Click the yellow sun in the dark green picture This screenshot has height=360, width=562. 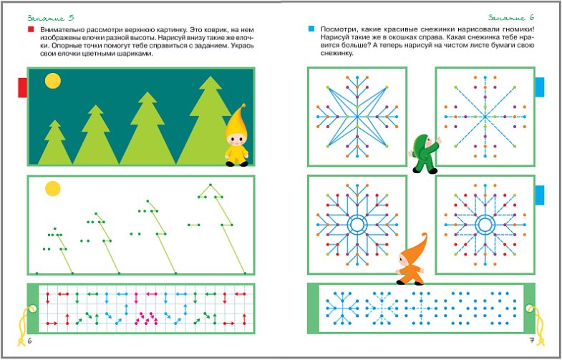click(53, 81)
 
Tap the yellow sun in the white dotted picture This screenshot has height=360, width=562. click(53, 188)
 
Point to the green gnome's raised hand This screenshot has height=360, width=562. click(438, 140)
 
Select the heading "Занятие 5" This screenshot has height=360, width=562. click(51, 18)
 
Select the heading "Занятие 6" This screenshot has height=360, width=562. click(510, 18)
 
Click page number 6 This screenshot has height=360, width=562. click(30, 341)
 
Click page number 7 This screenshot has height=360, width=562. click(532, 340)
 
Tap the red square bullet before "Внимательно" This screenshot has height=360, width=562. click(31, 29)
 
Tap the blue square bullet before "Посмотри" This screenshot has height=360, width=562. click(311, 29)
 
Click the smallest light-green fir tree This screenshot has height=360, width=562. click(55, 142)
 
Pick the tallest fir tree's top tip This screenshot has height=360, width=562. click(210, 76)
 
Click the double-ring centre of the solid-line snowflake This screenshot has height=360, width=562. click(357, 225)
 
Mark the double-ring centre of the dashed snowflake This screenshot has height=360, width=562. click(485, 225)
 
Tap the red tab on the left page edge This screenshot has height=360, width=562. click(23, 87)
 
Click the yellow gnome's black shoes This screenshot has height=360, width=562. click(237, 164)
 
